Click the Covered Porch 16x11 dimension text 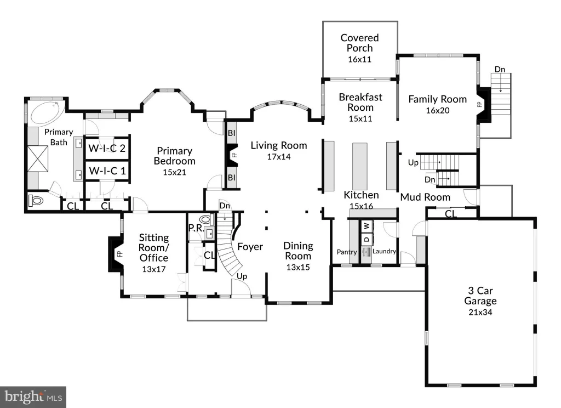coord(359,59)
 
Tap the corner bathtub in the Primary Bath coord(47,112)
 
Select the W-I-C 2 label coord(107,148)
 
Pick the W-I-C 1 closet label coord(107,171)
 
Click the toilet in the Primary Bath coord(36,200)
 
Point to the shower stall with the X coord(38,158)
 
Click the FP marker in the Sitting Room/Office coord(120,253)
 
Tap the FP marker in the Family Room coord(479,105)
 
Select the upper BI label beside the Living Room coord(232,133)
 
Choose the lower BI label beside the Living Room coord(232,177)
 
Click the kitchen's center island coord(359,166)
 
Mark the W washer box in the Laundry coord(367,226)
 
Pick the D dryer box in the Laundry coord(367,239)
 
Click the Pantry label coord(347,252)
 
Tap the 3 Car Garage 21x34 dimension coord(480,313)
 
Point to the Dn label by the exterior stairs coord(500,69)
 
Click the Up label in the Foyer coord(242,276)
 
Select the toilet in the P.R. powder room coord(206,219)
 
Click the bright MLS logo coord(33,397)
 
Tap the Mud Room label coord(425,197)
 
